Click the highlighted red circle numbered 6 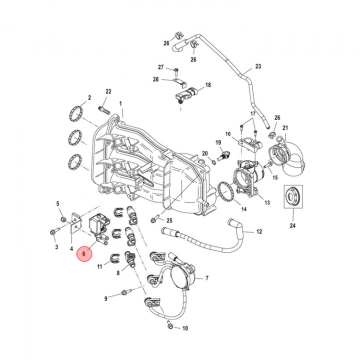click(x=84, y=254)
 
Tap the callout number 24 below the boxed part click(x=292, y=225)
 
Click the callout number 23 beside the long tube click(x=258, y=66)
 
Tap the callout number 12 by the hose click(x=259, y=231)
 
